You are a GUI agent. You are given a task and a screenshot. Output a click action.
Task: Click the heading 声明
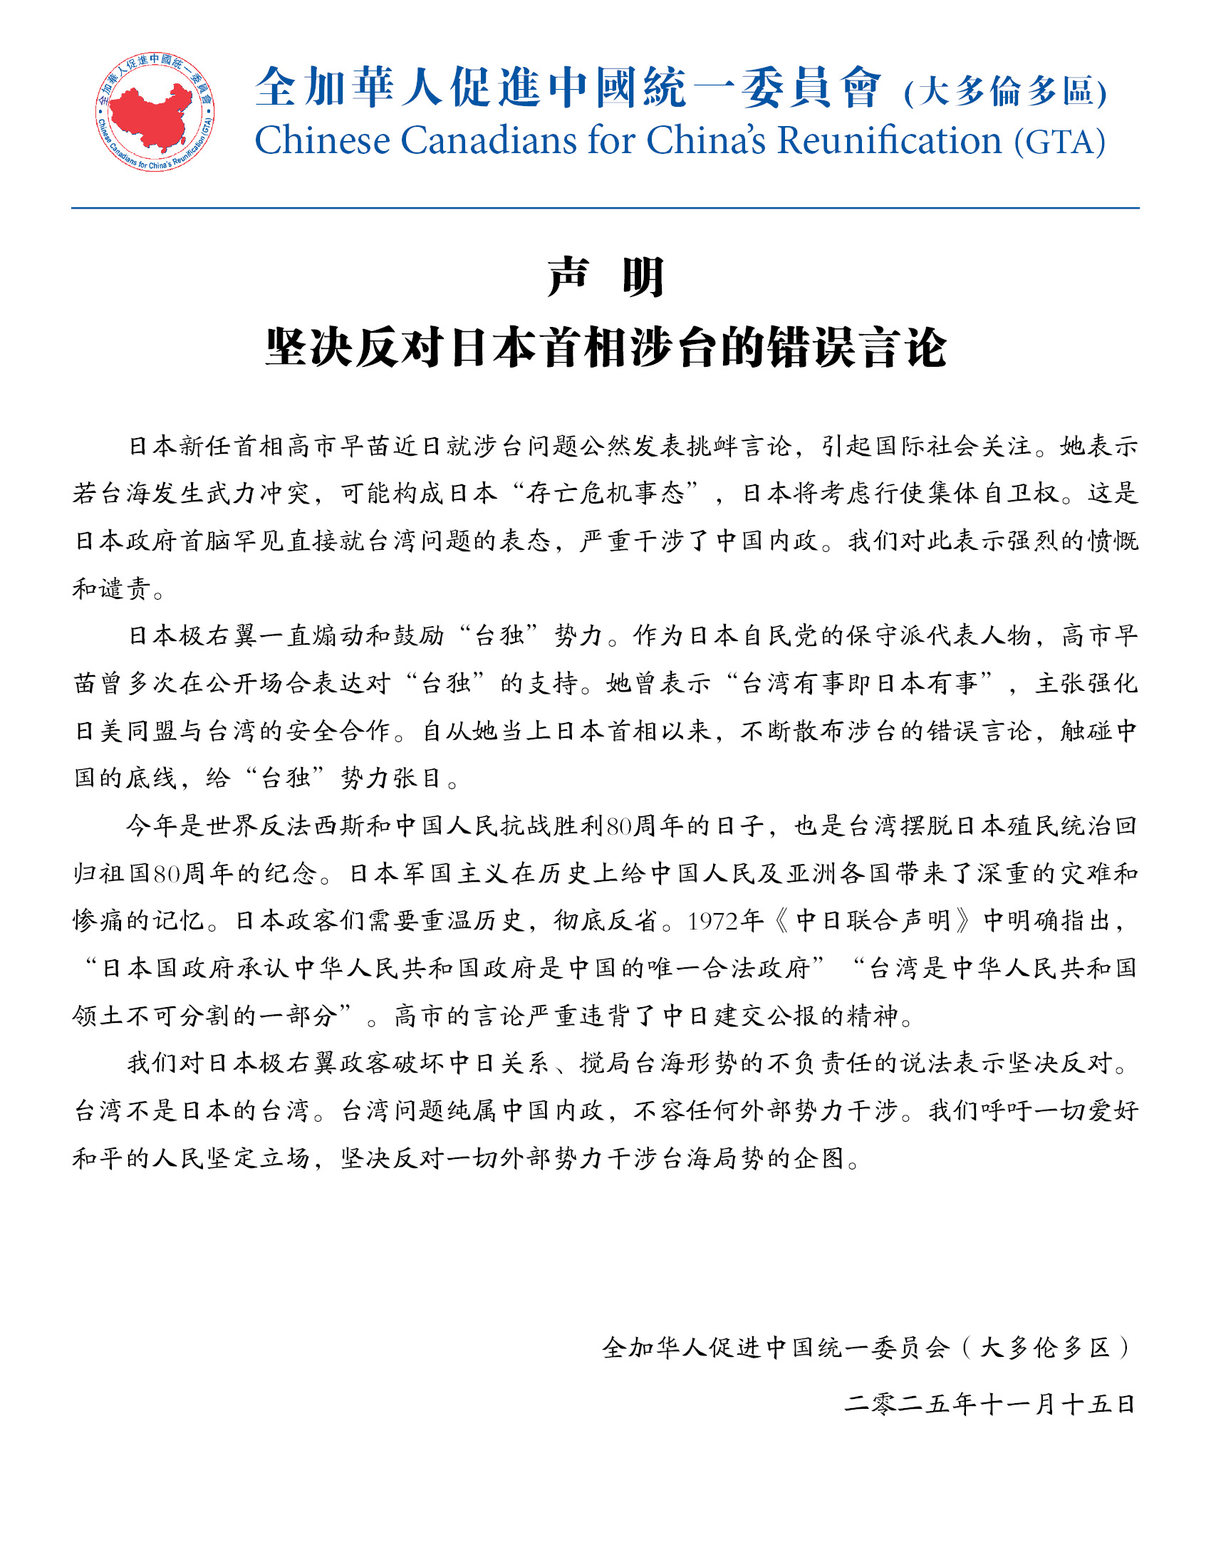(605, 277)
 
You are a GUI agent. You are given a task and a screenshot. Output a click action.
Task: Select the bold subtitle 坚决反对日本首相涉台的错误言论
(605, 348)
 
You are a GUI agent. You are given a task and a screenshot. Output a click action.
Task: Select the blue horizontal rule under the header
(605, 208)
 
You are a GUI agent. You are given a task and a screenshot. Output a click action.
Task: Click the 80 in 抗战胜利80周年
(618, 826)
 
